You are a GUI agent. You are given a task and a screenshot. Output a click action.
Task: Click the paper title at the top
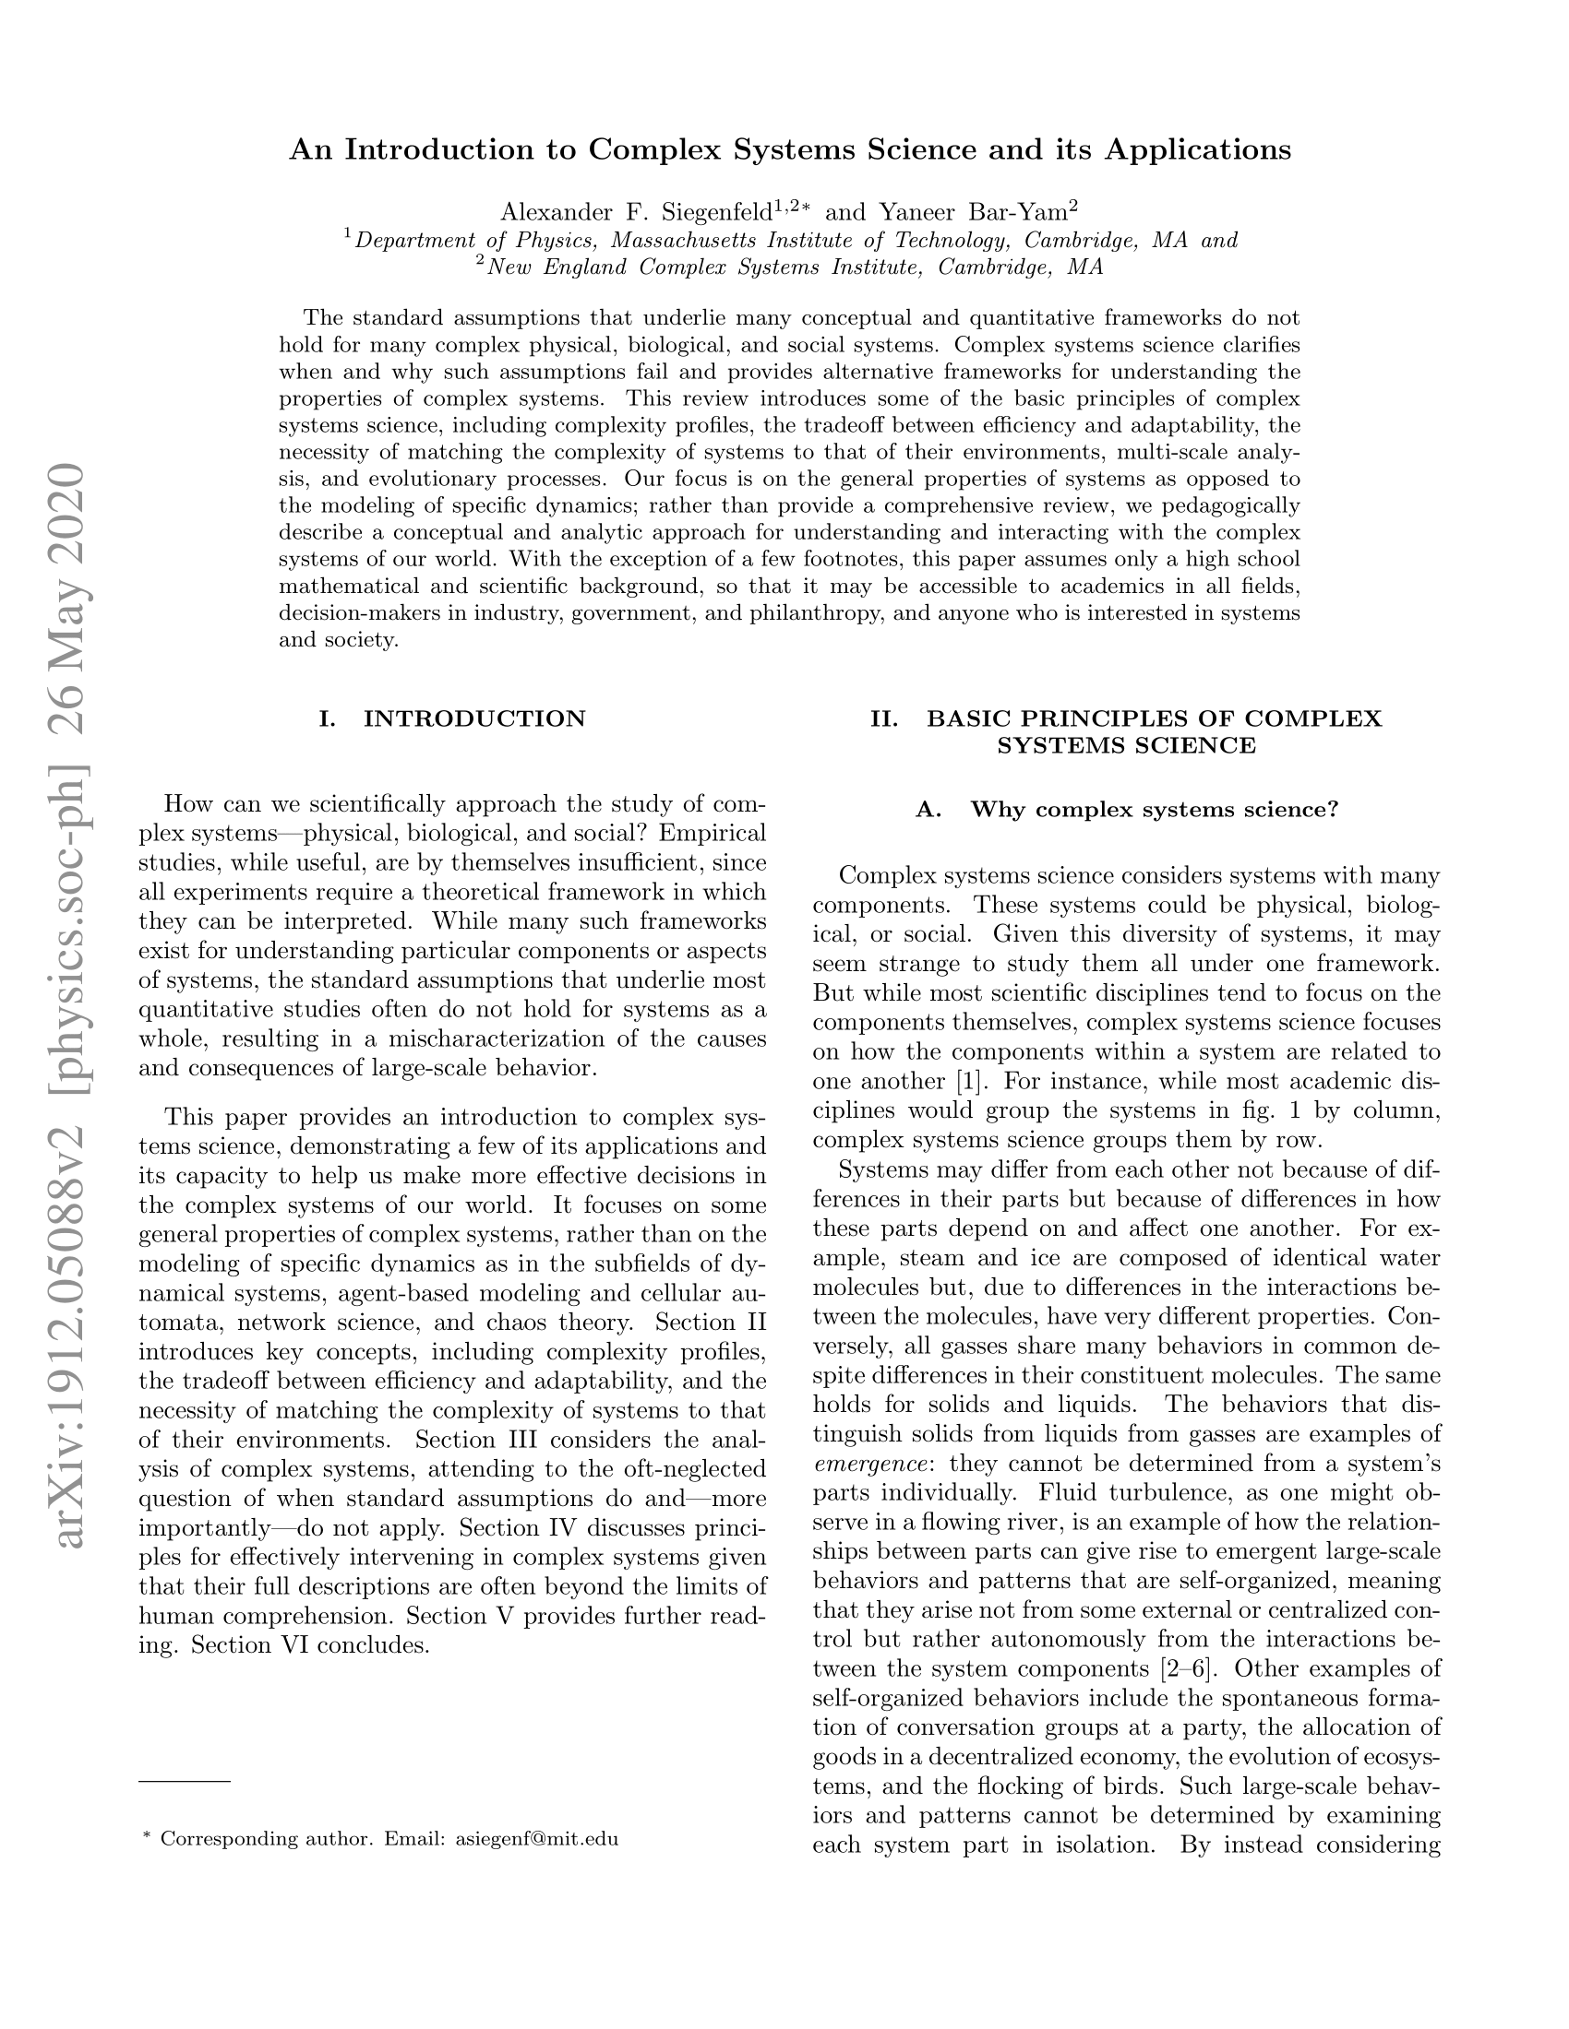pyautogui.click(x=790, y=150)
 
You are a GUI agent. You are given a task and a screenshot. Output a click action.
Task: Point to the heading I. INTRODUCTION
pyautogui.click(x=451, y=719)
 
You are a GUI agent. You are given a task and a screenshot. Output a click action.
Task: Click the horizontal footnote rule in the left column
pyautogui.click(x=184, y=1781)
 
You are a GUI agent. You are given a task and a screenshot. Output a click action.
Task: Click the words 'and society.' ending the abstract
pyautogui.click(x=339, y=640)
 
